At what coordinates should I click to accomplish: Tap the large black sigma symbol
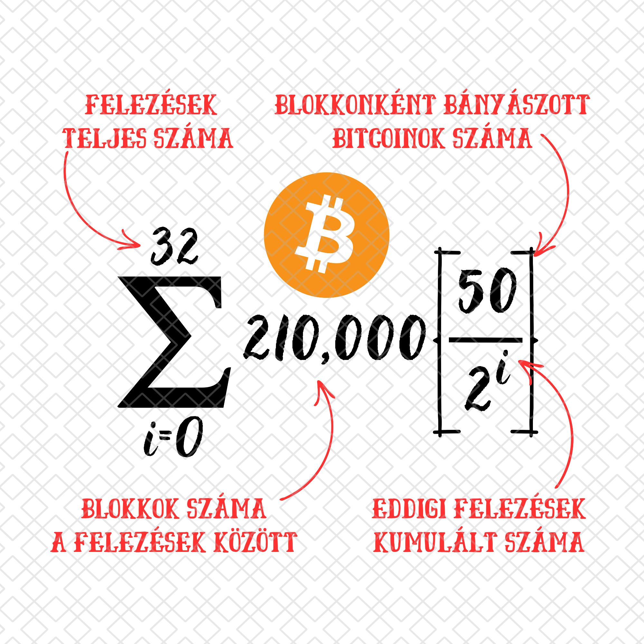click(x=174, y=342)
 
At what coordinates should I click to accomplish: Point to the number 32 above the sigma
click(x=175, y=247)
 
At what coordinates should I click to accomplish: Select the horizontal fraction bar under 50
click(x=485, y=340)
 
